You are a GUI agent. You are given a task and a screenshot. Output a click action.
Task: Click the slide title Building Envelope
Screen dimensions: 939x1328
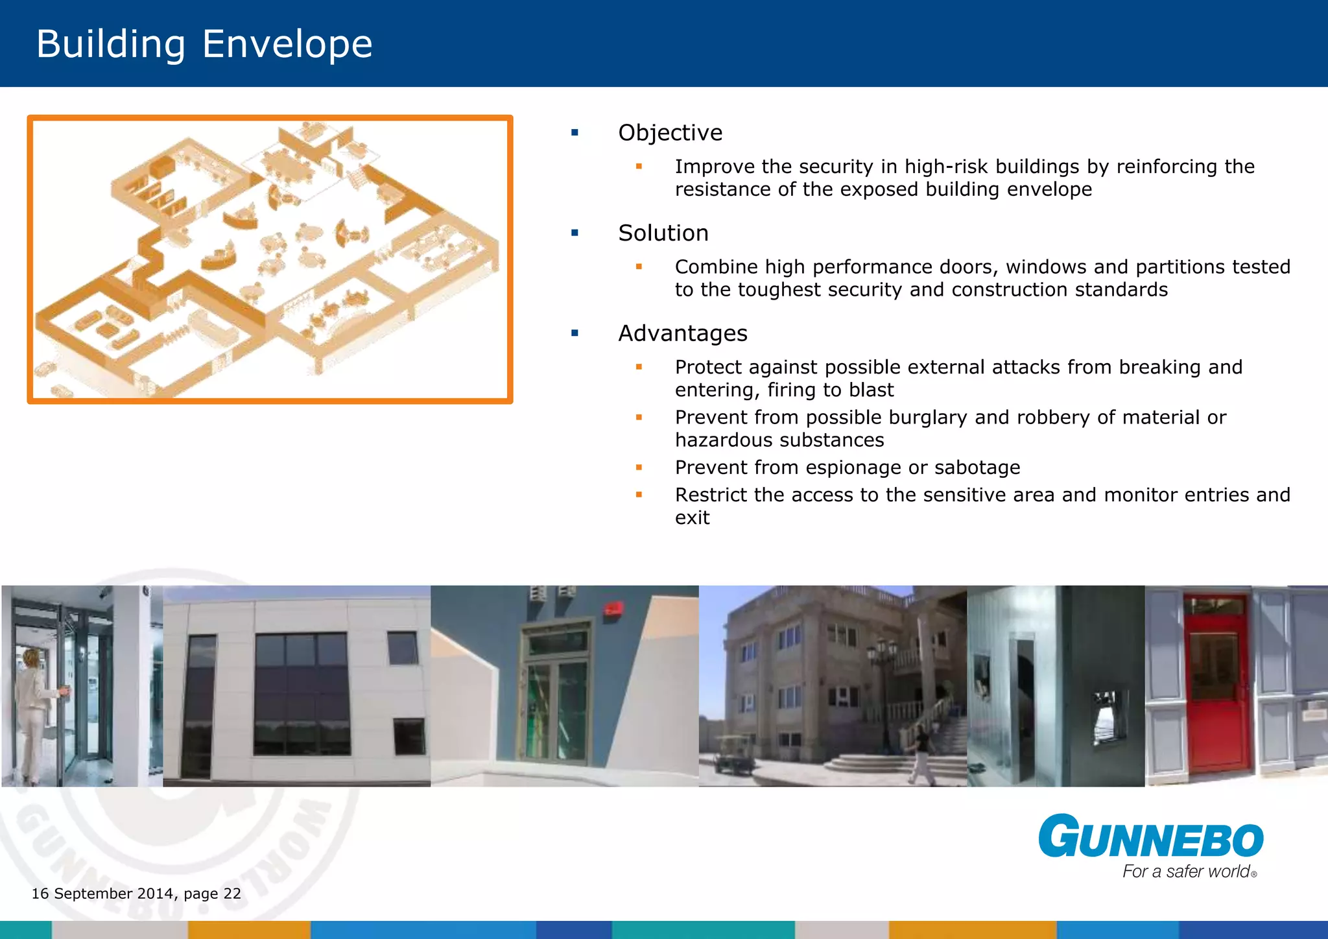click(204, 44)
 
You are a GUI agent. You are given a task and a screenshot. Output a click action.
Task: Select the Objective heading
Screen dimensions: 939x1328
click(670, 133)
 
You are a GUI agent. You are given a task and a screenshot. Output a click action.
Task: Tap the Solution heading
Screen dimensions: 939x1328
click(663, 233)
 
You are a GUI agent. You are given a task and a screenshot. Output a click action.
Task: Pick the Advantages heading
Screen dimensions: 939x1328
click(682, 333)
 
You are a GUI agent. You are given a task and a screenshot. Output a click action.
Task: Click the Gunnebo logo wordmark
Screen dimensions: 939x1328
click(1150, 837)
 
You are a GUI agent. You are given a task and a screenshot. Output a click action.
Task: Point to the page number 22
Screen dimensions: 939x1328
click(232, 894)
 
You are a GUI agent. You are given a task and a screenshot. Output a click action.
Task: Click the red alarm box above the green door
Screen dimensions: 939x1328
click(613, 609)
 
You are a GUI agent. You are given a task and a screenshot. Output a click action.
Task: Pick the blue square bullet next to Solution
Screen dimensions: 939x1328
click(575, 233)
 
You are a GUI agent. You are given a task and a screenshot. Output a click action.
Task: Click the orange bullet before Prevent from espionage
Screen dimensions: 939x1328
click(639, 468)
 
